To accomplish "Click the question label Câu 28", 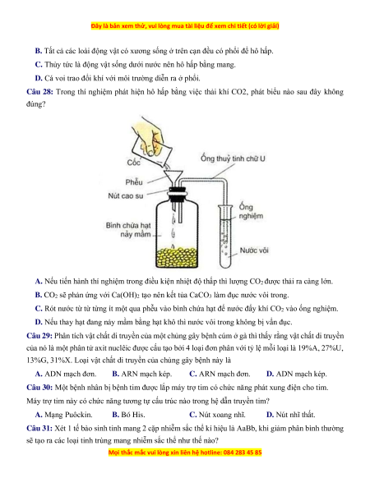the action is coord(39,92).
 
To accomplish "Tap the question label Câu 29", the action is coord(39,336).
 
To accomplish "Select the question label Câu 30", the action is coord(39,388).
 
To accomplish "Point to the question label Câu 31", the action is coord(39,429).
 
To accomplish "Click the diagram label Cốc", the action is coord(134,163).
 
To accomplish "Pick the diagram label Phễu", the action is coord(134,182).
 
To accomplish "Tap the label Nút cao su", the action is coord(126,195).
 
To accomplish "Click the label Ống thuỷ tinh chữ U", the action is coord(233,159).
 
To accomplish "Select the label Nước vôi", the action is coord(254,250).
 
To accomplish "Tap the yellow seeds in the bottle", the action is coord(177,257).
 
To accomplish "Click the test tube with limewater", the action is coord(225,237).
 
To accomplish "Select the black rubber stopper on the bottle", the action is coord(178,195).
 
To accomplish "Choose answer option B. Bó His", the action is coord(128,415).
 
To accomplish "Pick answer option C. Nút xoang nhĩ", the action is coord(217,415).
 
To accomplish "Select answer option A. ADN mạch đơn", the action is coord(66,374).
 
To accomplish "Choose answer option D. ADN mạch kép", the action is coord(297,374).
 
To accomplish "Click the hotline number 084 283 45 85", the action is coord(243,453).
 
